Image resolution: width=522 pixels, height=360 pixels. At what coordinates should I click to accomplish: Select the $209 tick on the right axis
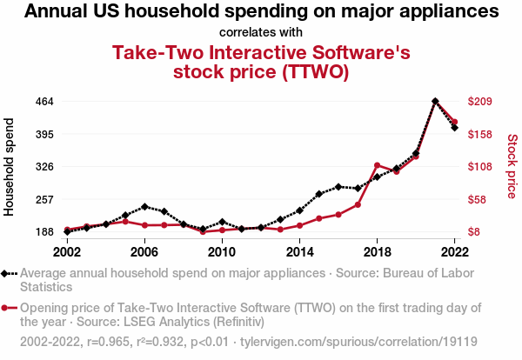[481, 102]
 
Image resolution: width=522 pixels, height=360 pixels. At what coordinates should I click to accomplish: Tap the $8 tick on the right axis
[475, 232]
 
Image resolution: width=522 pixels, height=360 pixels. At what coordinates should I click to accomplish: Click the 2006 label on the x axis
[144, 251]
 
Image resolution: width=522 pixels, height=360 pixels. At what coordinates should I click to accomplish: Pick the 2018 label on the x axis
[377, 251]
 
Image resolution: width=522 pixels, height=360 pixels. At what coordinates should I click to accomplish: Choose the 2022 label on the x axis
[454, 251]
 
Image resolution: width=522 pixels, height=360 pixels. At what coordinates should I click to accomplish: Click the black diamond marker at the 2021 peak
[435, 102]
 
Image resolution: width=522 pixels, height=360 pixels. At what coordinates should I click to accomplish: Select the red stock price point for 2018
[377, 165]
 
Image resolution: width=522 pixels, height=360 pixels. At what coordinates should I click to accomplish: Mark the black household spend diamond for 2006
[144, 207]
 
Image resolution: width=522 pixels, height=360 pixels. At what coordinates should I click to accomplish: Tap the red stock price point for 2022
[454, 122]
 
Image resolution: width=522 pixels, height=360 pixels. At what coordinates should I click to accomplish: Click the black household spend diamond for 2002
[67, 232]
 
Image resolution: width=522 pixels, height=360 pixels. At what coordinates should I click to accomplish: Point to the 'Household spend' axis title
[10, 167]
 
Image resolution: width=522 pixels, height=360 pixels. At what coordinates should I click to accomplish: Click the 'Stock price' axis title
[512, 167]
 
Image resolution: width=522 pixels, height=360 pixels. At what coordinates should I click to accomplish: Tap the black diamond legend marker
[7, 273]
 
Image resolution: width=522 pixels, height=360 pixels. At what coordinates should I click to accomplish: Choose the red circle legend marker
[7, 308]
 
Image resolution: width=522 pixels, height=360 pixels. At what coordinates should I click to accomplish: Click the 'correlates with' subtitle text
[261, 33]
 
